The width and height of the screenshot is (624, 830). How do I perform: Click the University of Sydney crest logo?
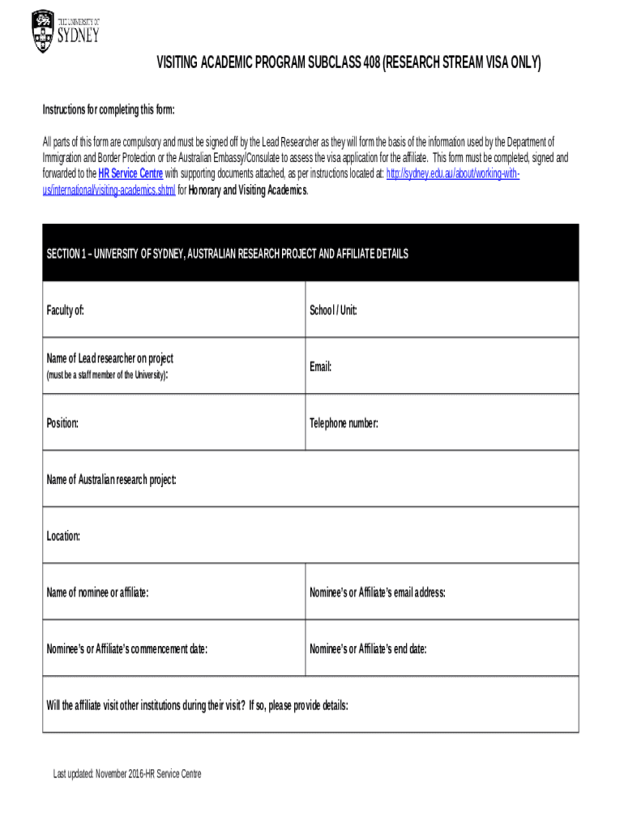click(43, 31)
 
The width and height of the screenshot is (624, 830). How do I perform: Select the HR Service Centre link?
click(130, 173)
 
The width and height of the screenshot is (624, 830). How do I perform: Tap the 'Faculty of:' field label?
click(66, 310)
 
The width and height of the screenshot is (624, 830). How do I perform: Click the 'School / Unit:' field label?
click(333, 310)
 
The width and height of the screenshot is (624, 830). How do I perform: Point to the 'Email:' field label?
click(321, 367)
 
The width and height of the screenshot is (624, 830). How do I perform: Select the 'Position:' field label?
click(63, 423)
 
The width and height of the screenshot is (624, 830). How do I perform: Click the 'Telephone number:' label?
click(344, 423)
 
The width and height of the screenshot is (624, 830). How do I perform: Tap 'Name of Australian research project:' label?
click(112, 480)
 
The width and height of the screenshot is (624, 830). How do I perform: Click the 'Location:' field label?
click(63, 537)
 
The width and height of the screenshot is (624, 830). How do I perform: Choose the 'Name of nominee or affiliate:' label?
click(98, 593)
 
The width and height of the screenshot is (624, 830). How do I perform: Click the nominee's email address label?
click(378, 593)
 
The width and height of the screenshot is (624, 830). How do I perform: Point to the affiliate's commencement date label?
click(127, 649)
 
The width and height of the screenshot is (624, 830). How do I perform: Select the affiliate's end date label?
click(368, 649)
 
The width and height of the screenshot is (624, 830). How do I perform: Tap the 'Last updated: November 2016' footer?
click(127, 774)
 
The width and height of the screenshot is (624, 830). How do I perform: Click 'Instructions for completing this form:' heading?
click(109, 110)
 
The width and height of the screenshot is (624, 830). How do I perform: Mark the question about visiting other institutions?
click(198, 705)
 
